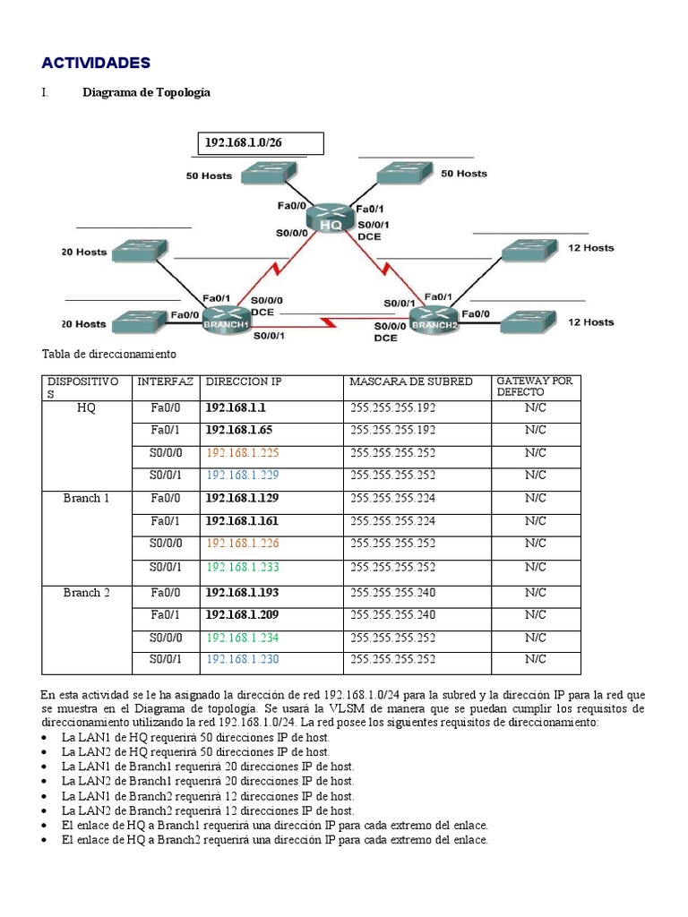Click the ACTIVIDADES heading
(x=96, y=62)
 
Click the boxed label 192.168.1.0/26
(x=260, y=143)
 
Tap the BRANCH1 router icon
(x=226, y=318)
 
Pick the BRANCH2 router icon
(x=434, y=318)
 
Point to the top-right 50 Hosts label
(x=464, y=173)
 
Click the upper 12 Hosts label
(x=591, y=247)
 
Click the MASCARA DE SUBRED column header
(x=411, y=382)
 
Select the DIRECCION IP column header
(x=244, y=382)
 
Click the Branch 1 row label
(x=87, y=498)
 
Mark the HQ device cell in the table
(x=87, y=407)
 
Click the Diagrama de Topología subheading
(x=147, y=92)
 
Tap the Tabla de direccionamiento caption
(x=109, y=355)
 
